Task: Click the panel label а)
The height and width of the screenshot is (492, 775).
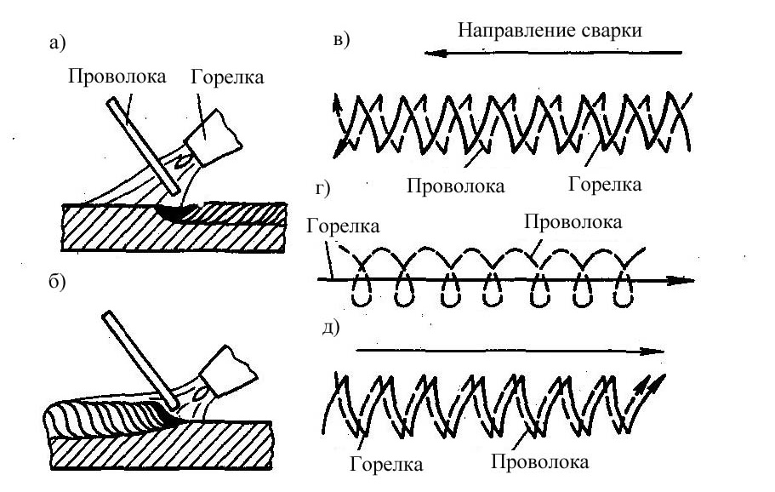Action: tap(57, 43)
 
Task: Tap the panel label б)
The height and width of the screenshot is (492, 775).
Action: tap(57, 282)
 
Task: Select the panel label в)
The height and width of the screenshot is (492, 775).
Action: tap(341, 39)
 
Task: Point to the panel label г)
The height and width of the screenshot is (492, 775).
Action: tap(322, 188)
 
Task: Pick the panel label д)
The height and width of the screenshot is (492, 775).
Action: tap(331, 328)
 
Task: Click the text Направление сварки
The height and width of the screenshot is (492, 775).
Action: tap(550, 30)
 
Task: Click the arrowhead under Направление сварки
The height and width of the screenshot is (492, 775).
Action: tap(436, 53)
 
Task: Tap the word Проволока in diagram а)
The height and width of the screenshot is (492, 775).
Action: tap(117, 77)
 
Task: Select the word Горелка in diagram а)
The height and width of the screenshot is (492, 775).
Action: tap(227, 77)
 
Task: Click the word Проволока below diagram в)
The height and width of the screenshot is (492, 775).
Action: tap(456, 186)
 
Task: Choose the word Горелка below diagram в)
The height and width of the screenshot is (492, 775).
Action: tap(605, 185)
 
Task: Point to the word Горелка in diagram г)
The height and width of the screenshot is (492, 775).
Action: tap(343, 226)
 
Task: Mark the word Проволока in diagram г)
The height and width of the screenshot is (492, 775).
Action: tap(573, 222)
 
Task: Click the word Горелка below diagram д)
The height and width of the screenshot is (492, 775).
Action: tap(386, 464)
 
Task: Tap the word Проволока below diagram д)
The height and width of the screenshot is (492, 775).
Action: tap(539, 462)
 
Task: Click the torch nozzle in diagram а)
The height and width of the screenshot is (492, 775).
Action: tap(215, 137)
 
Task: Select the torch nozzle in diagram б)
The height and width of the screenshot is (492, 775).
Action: tap(228, 371)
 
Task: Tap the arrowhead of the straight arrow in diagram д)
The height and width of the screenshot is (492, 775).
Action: tap(652, 352)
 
